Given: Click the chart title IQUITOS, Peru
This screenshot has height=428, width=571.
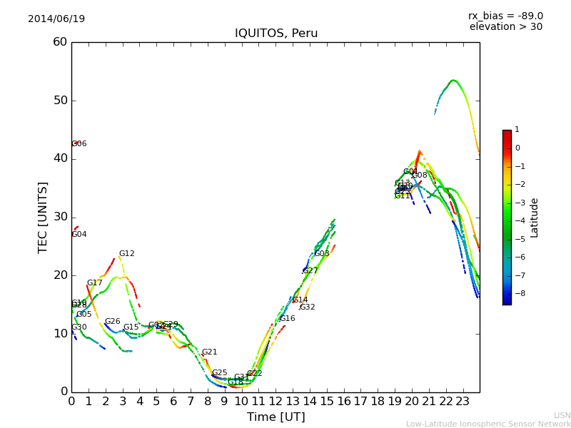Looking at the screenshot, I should (x=276, y=34).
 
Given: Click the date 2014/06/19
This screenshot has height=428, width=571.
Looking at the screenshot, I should (x=56, y=19).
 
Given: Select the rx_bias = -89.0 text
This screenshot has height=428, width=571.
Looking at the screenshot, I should (x=505, y=16).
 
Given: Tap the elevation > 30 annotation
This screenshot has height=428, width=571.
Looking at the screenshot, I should (x=505, y=27).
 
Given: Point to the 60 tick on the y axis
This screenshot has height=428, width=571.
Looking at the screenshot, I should (x=59, y=42).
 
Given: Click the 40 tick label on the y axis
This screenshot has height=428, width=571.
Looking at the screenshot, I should (x=59, y=158).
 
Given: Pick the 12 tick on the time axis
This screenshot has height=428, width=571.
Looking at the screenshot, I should (x=276, y=402).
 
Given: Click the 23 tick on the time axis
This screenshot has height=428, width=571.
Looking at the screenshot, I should (x=463, y=402).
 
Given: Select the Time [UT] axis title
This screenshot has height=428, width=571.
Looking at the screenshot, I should (x=276, y=417).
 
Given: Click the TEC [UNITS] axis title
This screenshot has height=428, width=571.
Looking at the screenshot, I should (x=43, y=217).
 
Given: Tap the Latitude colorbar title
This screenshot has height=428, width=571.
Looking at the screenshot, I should (x=535, y=218).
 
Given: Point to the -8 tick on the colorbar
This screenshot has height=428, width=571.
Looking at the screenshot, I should (x=517, y=293).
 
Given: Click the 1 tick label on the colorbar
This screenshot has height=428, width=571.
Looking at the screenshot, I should (x=517, y=130).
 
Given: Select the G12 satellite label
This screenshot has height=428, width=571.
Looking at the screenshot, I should (x=126, y=254).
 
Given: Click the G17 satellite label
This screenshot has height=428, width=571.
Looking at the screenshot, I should (x=95, y=283).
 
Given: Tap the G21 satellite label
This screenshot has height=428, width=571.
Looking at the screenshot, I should (x=209, y=352).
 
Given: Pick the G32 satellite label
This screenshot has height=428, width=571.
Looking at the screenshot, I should (x=307, y=307).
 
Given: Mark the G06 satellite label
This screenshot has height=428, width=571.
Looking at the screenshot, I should (x=79, y=144).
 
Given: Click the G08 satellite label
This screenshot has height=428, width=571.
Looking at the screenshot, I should (x=420, y=175).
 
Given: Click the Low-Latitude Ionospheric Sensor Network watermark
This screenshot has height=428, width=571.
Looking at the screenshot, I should (x=488, y=424).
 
